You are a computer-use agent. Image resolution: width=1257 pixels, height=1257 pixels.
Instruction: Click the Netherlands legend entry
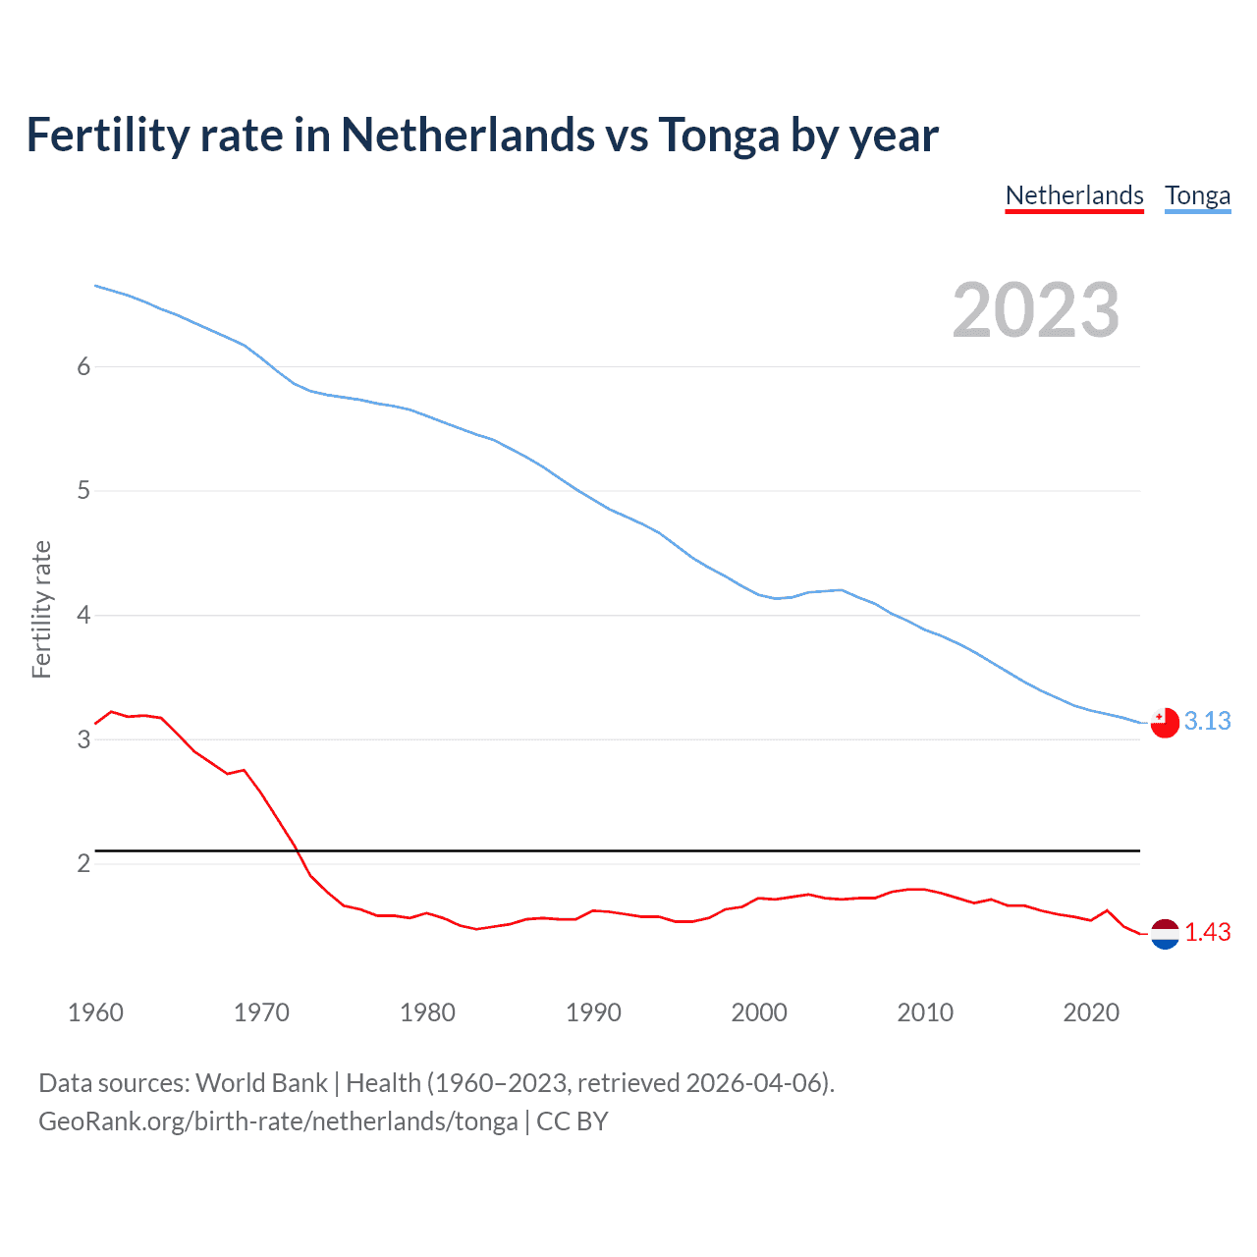[1074, 195]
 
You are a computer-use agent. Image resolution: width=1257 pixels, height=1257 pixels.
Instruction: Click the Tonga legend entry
[1197, 195]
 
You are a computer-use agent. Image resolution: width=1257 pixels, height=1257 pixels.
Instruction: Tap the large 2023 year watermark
[1035, 310]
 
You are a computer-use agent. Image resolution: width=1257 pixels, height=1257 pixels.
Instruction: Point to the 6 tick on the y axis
[83, 366]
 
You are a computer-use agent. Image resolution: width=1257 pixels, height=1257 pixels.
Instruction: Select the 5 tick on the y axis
[83, 490]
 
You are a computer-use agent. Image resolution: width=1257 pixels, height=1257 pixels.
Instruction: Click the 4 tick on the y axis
[83, 615]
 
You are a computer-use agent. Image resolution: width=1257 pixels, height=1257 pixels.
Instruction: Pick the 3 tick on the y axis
[83, 739]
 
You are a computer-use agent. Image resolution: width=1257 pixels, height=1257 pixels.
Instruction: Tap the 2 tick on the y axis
[83, 863]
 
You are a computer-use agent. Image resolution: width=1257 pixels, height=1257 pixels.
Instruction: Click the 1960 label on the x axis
[95, 1012]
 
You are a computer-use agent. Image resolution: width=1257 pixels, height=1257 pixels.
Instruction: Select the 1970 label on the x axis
[261, 1012]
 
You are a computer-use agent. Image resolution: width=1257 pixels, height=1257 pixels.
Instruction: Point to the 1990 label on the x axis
[593, 1012]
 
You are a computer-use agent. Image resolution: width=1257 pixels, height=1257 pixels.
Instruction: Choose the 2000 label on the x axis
[759, 1012]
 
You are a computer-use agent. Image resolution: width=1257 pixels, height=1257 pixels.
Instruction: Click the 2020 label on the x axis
[1091, 1012]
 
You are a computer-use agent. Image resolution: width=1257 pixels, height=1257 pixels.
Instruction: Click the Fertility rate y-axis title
[41, 609]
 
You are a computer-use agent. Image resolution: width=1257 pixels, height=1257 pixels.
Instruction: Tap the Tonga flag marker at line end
[1165, 722]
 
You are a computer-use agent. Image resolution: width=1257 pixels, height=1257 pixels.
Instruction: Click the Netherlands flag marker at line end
[1165, 934]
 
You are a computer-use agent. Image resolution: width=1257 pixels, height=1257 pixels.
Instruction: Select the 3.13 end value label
[1207, 721]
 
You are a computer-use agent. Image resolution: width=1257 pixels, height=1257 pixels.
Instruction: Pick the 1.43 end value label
[1207, 932]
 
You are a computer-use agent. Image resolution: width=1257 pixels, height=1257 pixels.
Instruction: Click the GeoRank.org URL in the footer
[278, 1121]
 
